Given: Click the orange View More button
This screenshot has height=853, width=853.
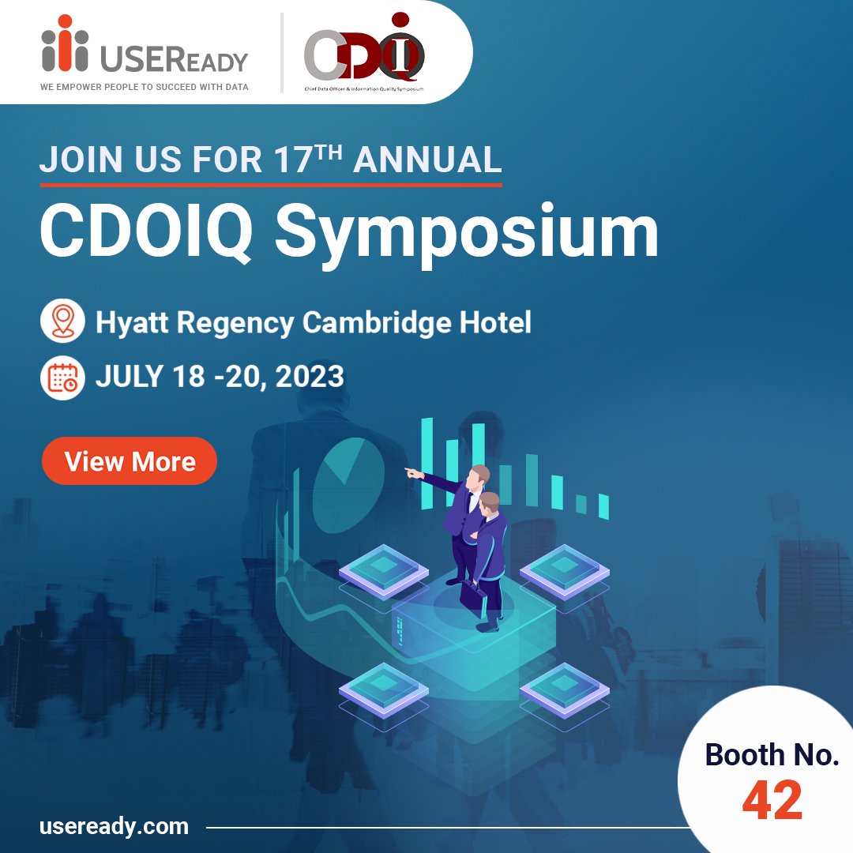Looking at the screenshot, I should point(130,461).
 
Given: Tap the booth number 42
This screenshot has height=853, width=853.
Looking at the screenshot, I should point(772,800).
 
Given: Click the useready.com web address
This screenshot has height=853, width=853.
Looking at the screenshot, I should point(114,827).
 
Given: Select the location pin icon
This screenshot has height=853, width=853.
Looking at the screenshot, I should point(62,321).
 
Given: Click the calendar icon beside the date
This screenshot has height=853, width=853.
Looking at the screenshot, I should point(62,377).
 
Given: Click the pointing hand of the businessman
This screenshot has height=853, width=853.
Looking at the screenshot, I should point(409,472).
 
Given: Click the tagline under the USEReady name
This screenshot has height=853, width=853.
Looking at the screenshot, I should point(145,87).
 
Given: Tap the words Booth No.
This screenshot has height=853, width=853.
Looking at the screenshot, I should point(772,755).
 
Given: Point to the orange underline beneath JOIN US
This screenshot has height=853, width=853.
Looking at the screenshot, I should point(271,185).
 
